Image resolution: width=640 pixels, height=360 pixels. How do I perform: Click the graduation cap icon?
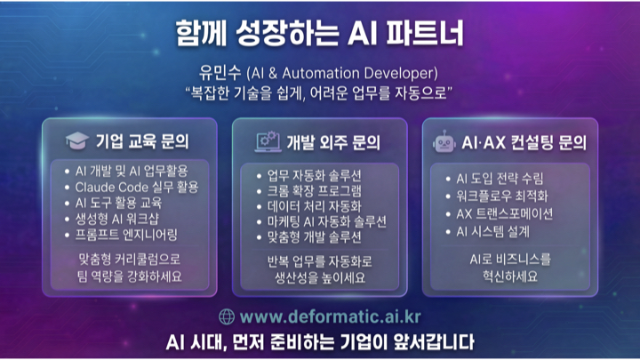click(x=77, y=140)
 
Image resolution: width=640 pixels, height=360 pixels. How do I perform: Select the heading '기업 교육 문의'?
click(x=142, y=140)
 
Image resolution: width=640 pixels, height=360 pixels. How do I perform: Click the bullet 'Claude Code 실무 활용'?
click(x=136, y=187)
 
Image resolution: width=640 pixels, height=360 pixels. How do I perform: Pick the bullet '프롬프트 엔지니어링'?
click(x=127, y=235)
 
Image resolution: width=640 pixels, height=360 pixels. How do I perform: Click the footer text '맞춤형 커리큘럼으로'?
click(x=129, y=260)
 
